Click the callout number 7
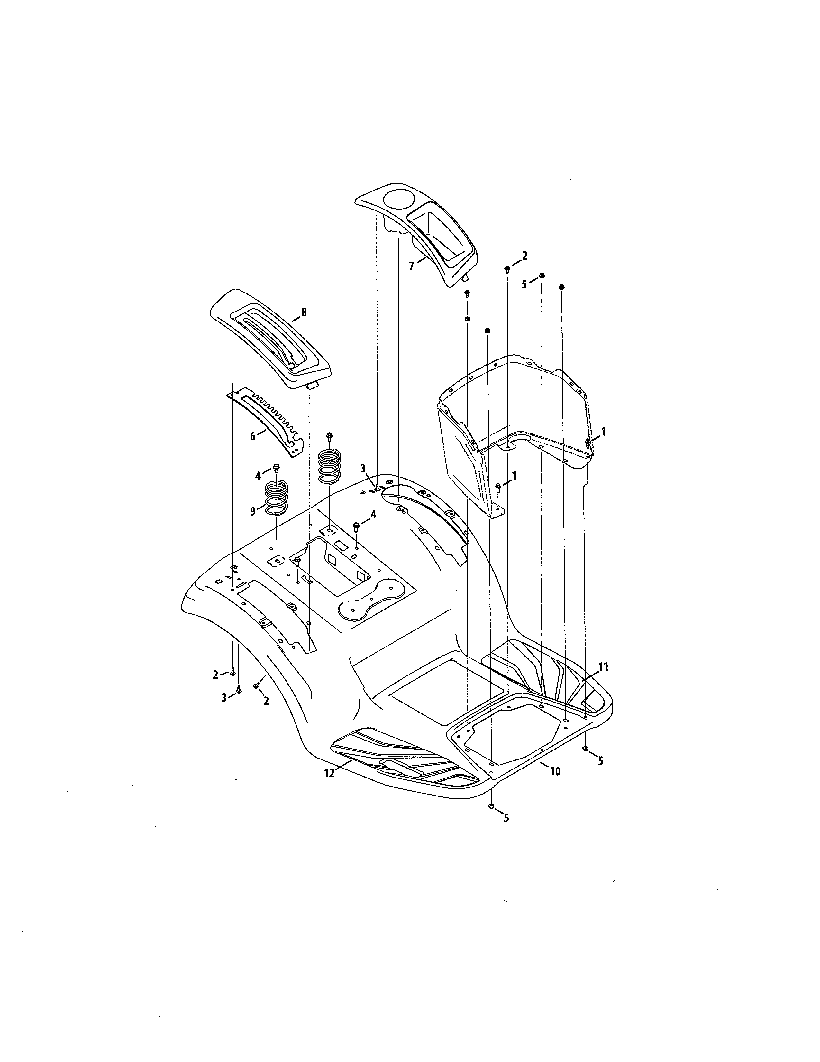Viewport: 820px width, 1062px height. point(412,266)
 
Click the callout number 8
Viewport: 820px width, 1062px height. point(304,313)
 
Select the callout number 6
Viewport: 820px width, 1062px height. point(253,436)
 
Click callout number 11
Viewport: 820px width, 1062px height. point(603,667)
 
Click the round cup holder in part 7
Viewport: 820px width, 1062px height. point(397,201)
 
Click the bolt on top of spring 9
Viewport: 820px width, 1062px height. point(277,469)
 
